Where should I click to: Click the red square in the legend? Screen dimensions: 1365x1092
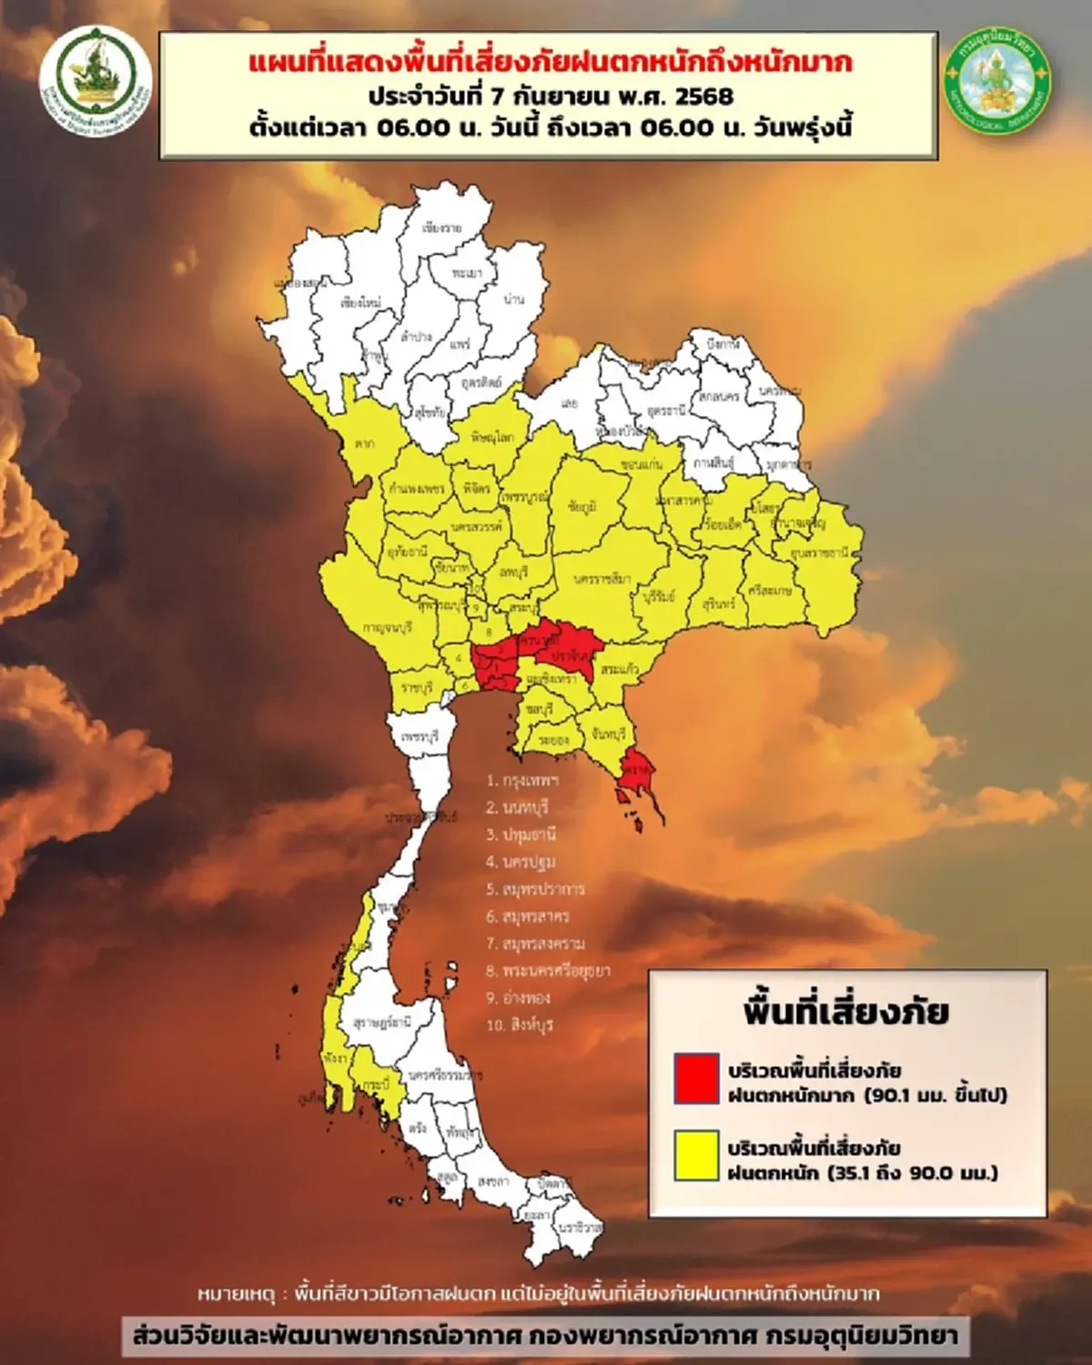pyautogui.click(x=696, y=1078)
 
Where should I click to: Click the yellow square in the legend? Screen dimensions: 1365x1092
pyautogui.click(x=696, y=1156)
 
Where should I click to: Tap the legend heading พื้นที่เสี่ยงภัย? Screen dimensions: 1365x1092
pyautogui.click(x=846, y=1012)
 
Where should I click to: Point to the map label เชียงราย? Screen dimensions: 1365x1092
pyautogui.click(x=441, y=227)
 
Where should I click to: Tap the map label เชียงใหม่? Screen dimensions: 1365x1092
pyautogui.click(x=360, y=302)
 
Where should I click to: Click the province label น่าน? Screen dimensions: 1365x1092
pyautogui.click(x=513, y=299)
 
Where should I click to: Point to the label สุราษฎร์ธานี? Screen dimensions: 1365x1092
pyautogui.click(x=381, y=1022)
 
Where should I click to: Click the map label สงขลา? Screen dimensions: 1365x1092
pyautogui.click(x=492, y=1181)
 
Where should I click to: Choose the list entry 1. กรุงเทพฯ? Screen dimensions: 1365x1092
pyautogui.click(x=522, y=780)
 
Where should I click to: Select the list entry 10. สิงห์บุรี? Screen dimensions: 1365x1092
pyautogui.click(x=520, y=1025)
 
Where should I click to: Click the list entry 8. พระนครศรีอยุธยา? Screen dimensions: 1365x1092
pyautogui.click(x=548, y=971)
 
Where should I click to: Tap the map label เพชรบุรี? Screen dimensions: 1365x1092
pyautogui.click(x=420, y=734)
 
